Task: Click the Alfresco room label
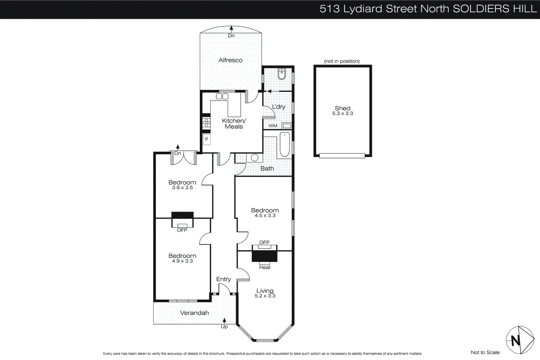(231, 60)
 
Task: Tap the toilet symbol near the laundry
(282, 74)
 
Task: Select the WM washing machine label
(273, 126)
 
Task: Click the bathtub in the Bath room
(285, 145)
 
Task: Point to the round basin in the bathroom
(255, 158)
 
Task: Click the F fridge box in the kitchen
(207, 139)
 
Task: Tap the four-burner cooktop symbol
(206, 123)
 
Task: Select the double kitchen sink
(222, 97)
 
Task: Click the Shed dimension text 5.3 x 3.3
(343, 114)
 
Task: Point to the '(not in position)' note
(342, 61)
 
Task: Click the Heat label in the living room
(265, 267)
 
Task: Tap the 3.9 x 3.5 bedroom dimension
(182, 188)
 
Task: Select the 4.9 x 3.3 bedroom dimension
(182, 261)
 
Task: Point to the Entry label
(223, 279)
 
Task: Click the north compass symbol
(519, 340)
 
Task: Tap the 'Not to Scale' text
(485, 352)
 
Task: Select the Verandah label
(194, 313)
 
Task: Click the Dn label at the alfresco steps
(231, 35)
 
